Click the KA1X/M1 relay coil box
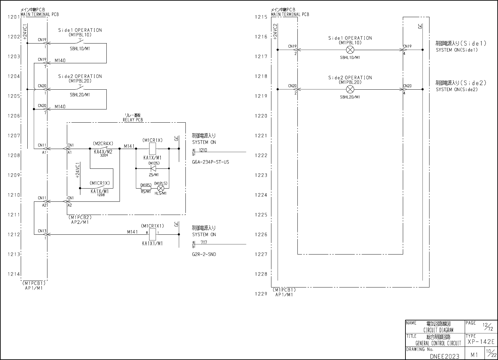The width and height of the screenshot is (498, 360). tap(152, 149)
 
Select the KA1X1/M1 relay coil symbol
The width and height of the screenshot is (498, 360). tap(152, 234)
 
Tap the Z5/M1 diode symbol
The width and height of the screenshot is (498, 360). tap(152, 168)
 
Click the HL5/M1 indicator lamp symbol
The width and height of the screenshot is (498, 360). tap(161, 188)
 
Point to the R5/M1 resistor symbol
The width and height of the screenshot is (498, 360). tap(146, 188)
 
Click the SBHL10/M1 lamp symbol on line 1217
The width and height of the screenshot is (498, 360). tap(350, 50)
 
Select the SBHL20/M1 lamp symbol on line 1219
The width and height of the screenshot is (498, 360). tap(350, 89)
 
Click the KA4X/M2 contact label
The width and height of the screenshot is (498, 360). tap(103, 152)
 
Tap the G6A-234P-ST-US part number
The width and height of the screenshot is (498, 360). tap(210, 162)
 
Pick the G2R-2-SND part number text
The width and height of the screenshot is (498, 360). tap(204, 255)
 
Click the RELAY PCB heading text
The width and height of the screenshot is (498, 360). tap(133, 120)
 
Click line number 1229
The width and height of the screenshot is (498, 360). tap(261, 294)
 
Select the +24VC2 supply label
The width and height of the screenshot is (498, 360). tap(275, 31)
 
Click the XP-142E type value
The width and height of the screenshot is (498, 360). tap(481, 342)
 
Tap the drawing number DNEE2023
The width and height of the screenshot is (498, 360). tap(444, 356)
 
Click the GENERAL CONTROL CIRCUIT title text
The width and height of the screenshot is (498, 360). tap(438, 343)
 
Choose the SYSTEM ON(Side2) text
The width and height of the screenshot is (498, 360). tap(456, 90)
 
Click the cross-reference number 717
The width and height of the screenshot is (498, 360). tap(204, 243)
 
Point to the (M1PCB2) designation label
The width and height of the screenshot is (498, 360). tap(80, 218)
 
